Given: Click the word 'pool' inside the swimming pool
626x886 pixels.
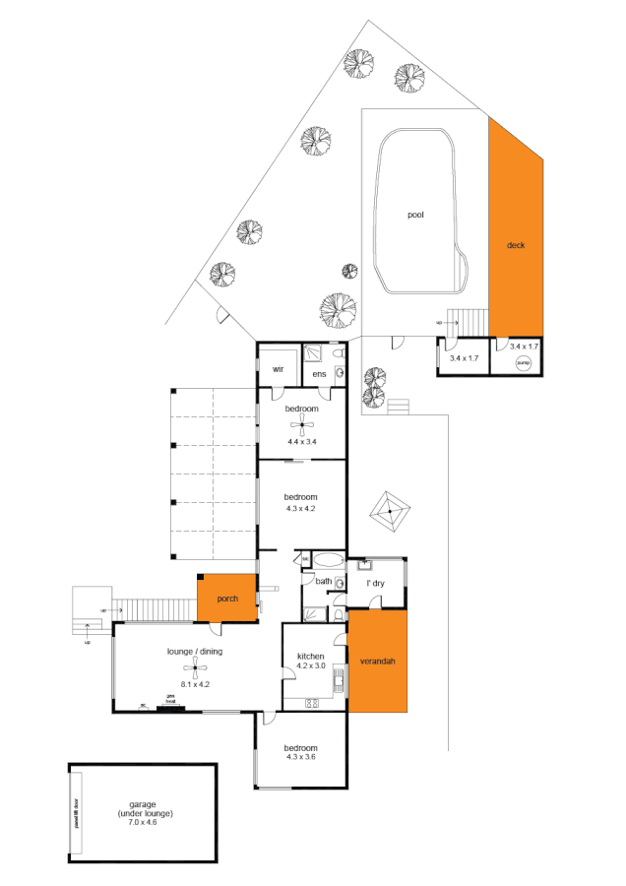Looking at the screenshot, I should (x=415, y=214).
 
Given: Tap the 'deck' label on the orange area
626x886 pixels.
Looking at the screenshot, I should (x=516, y=245).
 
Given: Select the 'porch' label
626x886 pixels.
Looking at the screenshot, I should (x=228, y=598).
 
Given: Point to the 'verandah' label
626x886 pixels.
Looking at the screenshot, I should (x=378, y=661).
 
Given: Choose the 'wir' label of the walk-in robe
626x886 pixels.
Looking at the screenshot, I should (x=278, y=369).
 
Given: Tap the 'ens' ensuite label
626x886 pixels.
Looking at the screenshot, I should (x=319, y=375).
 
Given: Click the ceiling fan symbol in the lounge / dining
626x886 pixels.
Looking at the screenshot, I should (x=197, y=670).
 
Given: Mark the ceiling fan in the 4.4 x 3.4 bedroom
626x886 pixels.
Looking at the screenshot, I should (x=302, y=425).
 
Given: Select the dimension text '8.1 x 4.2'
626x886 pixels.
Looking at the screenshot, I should (x=197, y=683).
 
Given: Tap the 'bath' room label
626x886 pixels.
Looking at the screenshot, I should (x=323, y=582).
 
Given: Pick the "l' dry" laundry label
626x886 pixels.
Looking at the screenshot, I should (x=375, y=584).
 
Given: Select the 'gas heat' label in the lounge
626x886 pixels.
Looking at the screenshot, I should (x=170, y=697).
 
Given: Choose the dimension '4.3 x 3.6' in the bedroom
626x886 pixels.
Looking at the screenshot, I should (x=300, y=755).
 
